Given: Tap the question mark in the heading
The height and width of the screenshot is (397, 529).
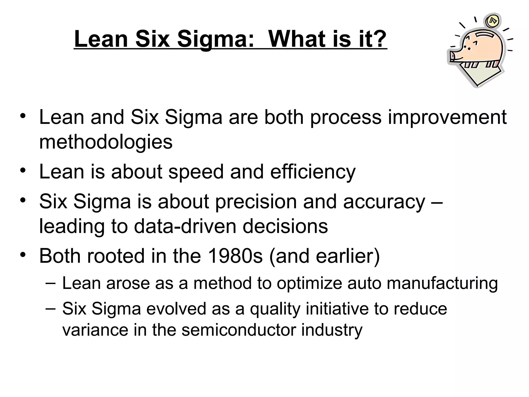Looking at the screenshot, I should (377, 39).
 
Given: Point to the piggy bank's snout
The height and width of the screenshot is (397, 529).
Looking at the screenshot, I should (452, 56).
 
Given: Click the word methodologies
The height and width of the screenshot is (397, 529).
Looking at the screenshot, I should (106, 142).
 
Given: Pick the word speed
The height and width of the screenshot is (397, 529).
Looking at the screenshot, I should (196, 172).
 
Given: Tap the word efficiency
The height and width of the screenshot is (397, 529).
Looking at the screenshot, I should (313, 172).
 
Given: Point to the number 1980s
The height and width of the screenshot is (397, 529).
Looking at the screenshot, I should (235, 256).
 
